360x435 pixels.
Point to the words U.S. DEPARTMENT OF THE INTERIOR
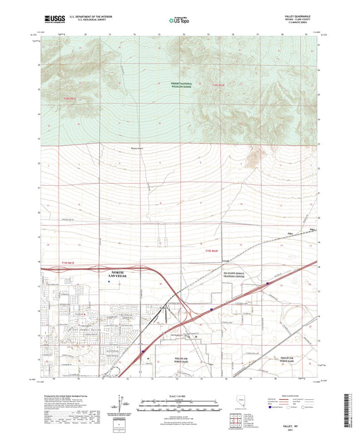point(95,16)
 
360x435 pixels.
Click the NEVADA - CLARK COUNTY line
point(299,20)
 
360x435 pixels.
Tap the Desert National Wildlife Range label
point(182,84)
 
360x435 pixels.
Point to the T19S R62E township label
point(211,251)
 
